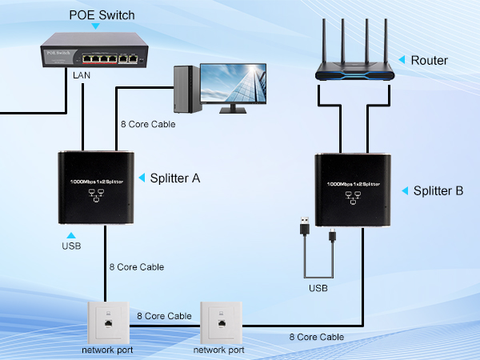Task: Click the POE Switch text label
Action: coord(102,14)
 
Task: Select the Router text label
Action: coord(429,61)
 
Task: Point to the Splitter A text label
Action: coord(175,178)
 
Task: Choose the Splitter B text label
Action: coord(438,190)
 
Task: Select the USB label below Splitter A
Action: coord(70,246)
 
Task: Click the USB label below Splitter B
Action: coord(319,287)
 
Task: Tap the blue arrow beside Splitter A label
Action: coord(142,178)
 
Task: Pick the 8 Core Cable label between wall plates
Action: coord(162,316)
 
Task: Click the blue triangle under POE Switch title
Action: coord(97,26)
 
